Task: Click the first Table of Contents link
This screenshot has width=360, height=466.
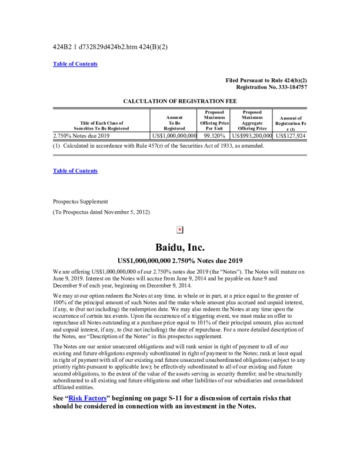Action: pos(75,64)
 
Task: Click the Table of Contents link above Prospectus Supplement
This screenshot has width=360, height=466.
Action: pos(75,171)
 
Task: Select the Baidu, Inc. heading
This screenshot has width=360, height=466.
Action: pos(180,247)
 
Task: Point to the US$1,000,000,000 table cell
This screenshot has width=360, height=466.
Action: pos(174,135)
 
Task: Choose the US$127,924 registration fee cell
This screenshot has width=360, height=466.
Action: pos(291,135)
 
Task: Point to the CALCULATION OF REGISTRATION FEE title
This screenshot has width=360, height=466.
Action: pos(180,101)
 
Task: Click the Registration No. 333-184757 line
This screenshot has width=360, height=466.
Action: pos(269,87)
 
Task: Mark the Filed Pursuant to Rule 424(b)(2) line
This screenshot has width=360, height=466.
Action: pos(266,80)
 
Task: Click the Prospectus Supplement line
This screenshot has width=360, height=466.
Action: pos(81,201)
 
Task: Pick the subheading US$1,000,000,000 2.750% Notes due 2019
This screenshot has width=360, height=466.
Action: pos(180,260)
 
